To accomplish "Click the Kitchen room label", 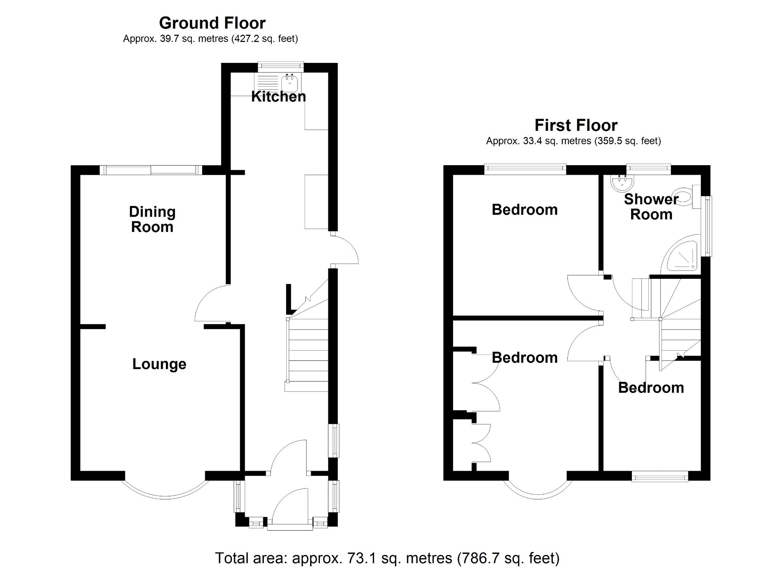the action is [278, 97].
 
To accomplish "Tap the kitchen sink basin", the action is [289, 82].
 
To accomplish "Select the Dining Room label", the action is [152, 219].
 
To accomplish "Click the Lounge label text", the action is [159, 364].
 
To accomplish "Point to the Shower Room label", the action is [651, 207].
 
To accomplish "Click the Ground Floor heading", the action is [212, 23].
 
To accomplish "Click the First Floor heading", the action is [576, 125].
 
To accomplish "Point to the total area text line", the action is [387, 558].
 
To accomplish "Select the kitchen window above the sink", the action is [281, 67].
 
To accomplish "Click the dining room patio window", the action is [151, 170].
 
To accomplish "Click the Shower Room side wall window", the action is [708, 226].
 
